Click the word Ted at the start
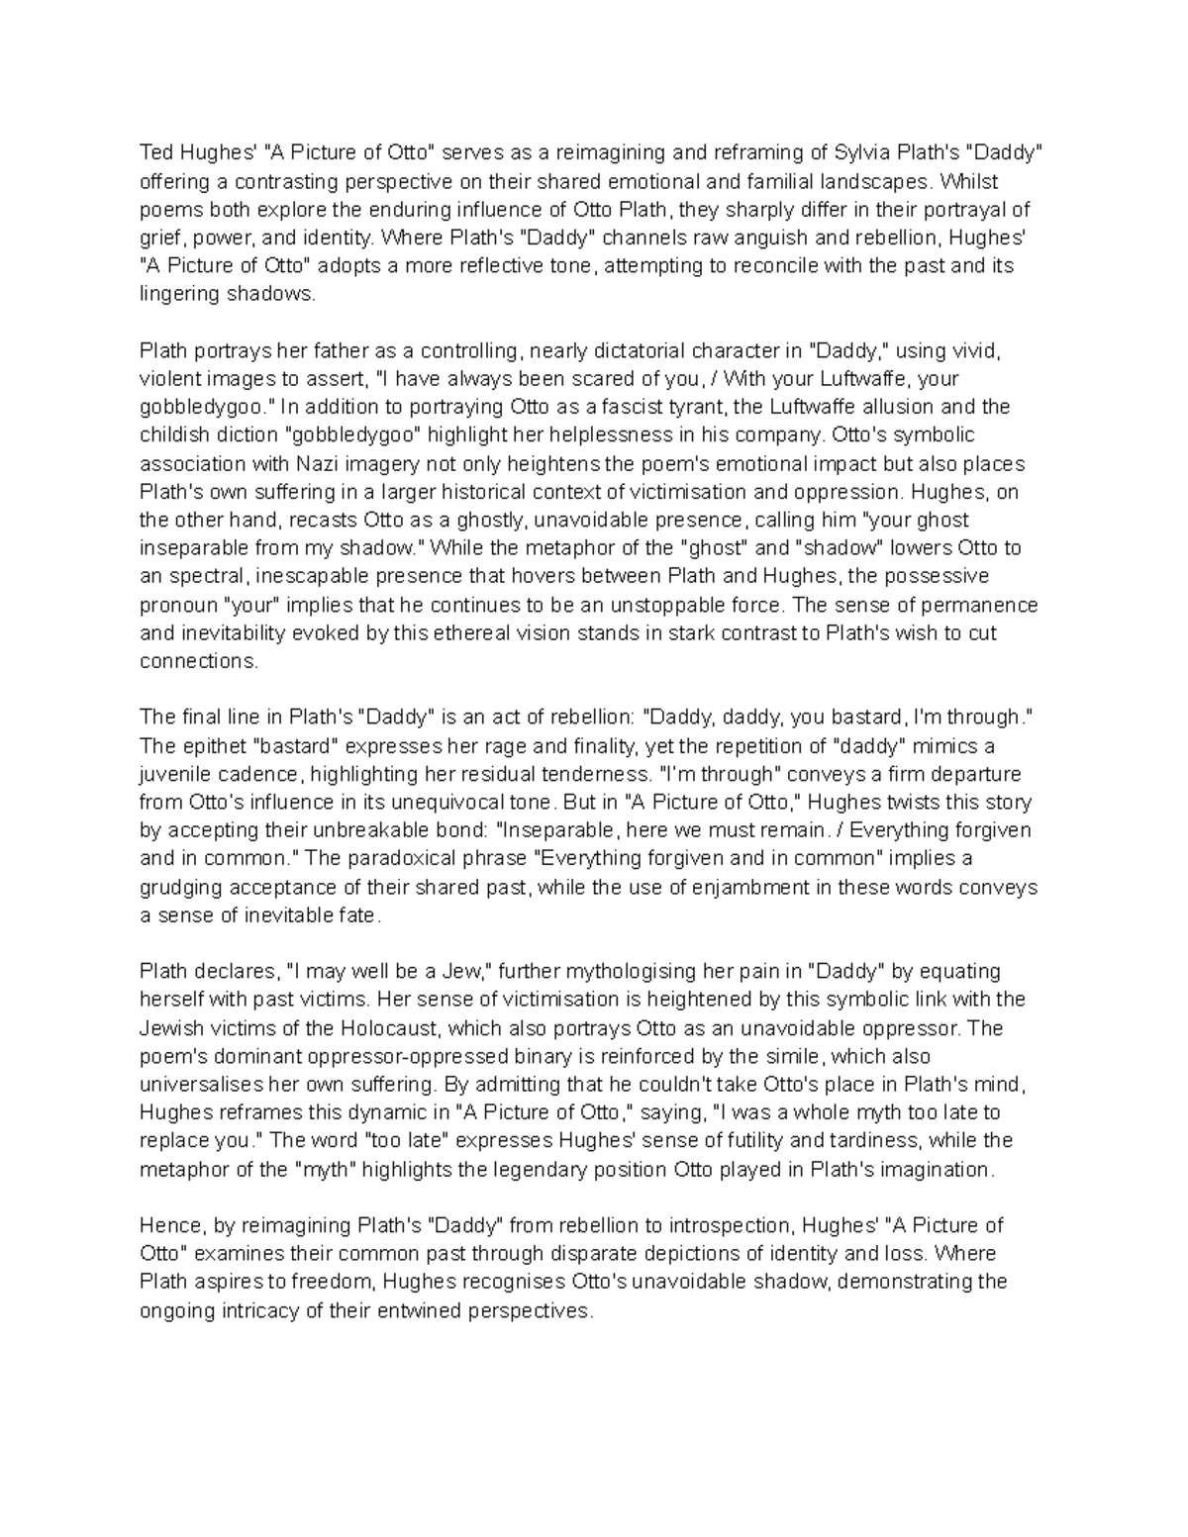point(155,152)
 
